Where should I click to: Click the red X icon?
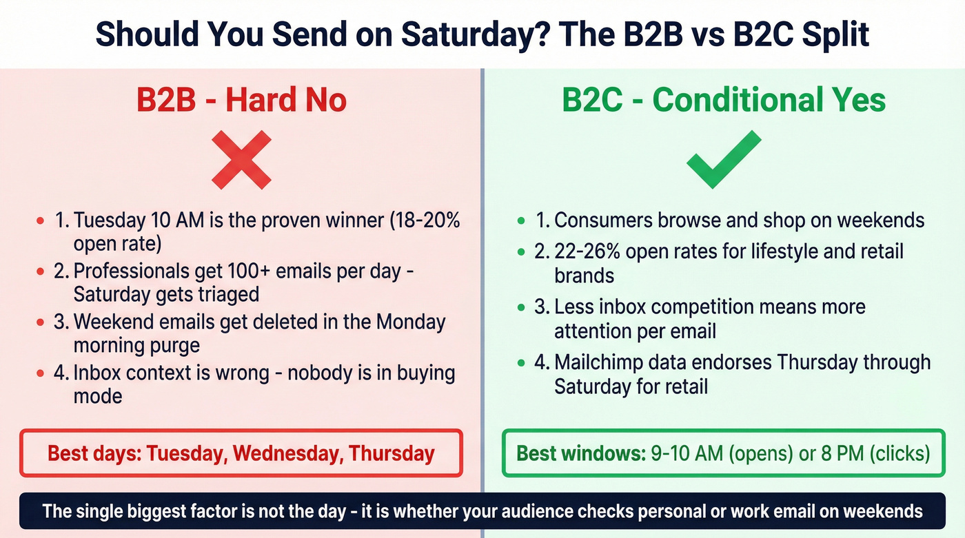point(241,160)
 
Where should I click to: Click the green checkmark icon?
point(724,160)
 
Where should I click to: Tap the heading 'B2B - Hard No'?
point(241,101)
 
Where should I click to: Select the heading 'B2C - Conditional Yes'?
point(724,101)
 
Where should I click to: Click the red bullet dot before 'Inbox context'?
point(40,373)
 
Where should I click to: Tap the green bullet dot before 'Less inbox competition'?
point(521,307)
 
